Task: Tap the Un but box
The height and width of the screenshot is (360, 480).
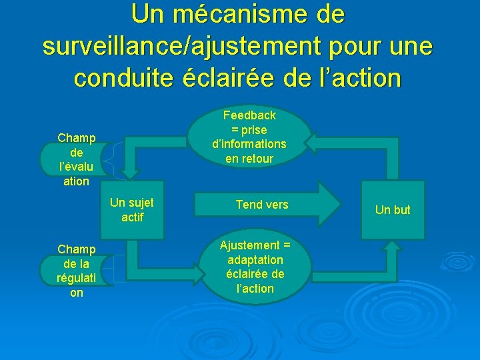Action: click(x=393, y=210)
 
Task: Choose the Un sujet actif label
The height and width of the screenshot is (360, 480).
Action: click(x=131, y=209)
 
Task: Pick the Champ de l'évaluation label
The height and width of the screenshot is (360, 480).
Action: click(x=76, y=159)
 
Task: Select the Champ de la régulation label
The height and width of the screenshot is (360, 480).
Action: click(x=76, y=270)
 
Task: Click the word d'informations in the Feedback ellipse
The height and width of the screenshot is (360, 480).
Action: click(x=249, y=144)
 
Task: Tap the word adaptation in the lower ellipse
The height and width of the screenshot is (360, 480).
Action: click(x=255, y=259)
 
